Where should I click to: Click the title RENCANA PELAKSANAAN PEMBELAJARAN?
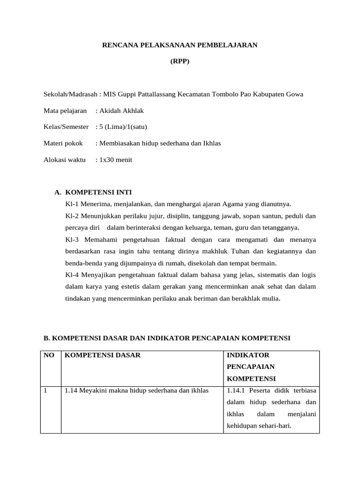click(x=180, y=45)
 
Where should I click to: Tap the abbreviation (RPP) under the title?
click(x=180, y=61)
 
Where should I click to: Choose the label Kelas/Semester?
click(x=66, y=127)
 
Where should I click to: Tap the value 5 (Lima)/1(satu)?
click(x=123, y=127)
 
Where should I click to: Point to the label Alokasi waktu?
click(x=64, y=160)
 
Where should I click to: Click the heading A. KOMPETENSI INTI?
click(x=93, y=192)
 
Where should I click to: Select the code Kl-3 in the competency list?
click(x=73, y=240)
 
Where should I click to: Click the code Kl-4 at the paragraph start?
click(x=73, y=275)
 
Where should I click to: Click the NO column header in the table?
click(x=49, y=355)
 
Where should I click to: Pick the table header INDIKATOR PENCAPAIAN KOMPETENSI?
click(x=251, y=367)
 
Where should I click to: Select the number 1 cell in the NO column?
click(x=45, y=390)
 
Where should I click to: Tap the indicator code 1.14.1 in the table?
click(x=235, y=390)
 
